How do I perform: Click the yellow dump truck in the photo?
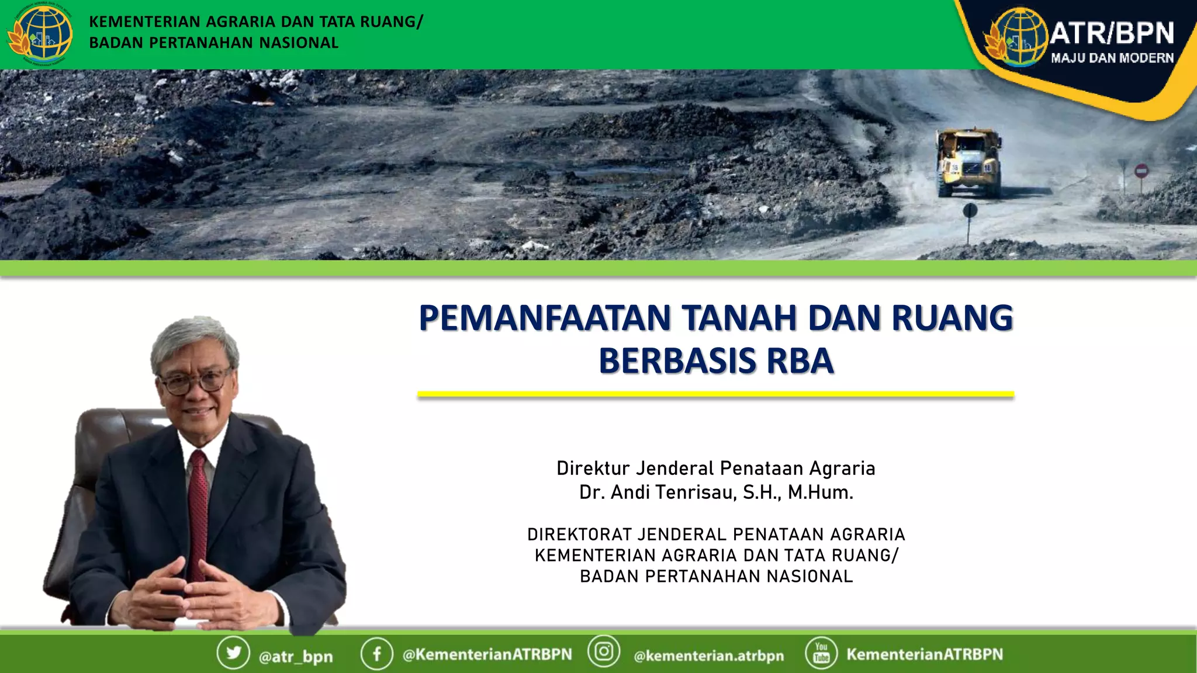968,162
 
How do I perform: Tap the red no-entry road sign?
1141,171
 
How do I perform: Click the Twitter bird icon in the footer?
233,653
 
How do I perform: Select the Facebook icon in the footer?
377,653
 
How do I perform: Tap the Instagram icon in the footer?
604,651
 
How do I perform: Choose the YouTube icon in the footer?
821,653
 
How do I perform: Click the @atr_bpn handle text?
296,657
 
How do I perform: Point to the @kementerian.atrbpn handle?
709,655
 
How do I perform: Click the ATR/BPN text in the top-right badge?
1112,33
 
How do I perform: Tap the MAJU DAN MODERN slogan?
1112,58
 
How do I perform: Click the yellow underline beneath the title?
715,394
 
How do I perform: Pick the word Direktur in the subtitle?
593,469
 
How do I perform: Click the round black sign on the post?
970,210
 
